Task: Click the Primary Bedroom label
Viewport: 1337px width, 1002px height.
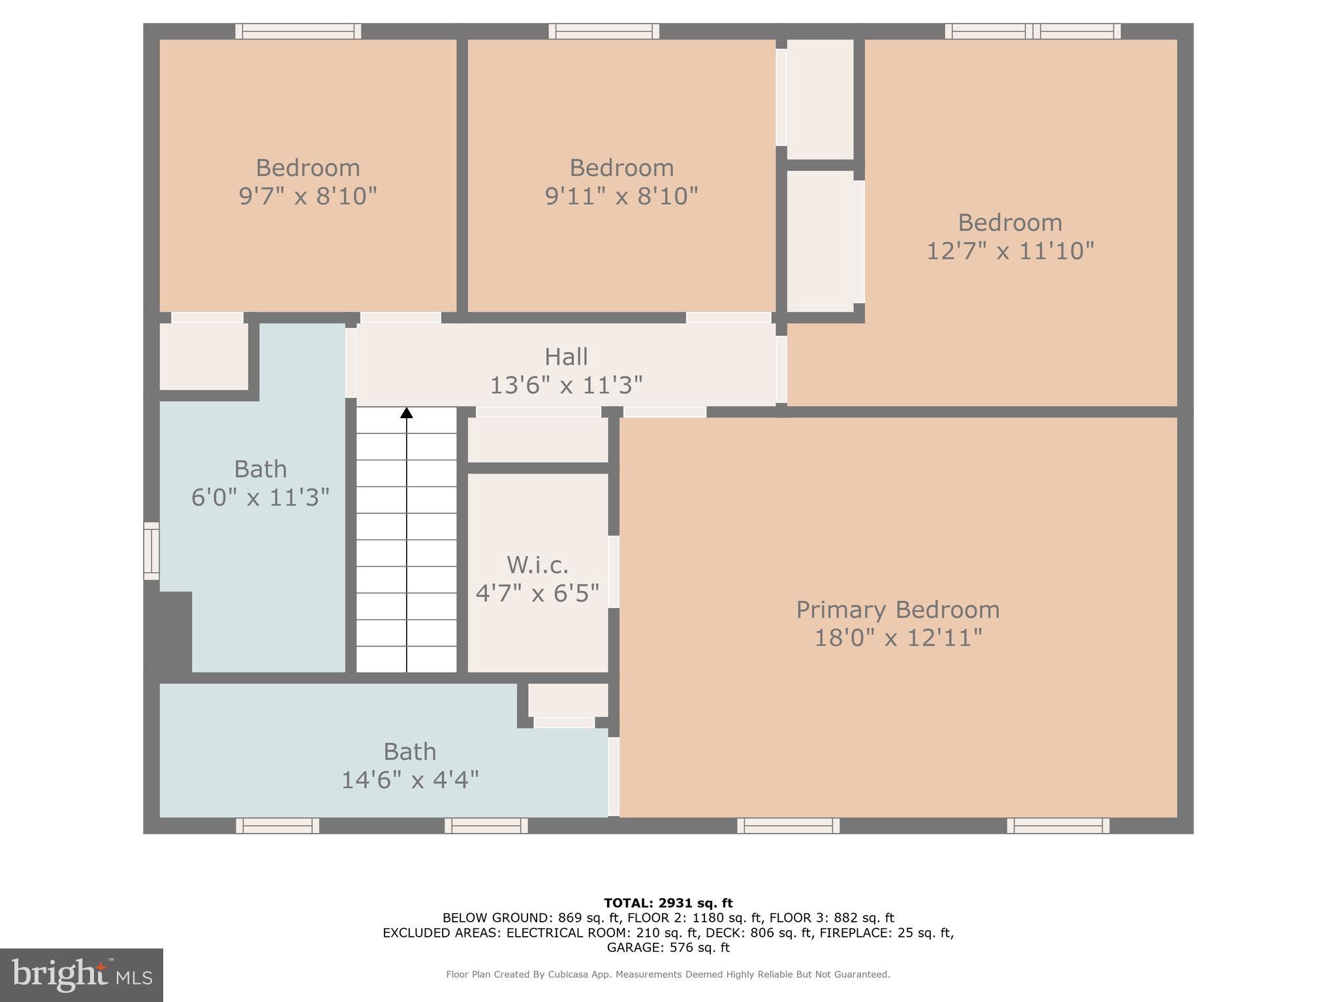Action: click(x=898, y=610)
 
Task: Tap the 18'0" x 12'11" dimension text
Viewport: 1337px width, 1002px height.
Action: click(x=898, y=638)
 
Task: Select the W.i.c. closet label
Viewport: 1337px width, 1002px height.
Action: click(x=537, y=565)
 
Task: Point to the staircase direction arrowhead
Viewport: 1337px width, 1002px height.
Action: click(x=407, y=412)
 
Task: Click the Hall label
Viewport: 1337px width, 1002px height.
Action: click(x=566, y=357)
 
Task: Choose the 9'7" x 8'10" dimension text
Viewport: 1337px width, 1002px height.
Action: click(x=307, y=196)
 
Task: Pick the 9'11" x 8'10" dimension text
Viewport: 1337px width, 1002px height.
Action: click(x=621, y=196)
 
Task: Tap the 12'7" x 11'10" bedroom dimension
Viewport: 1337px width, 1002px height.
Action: click(x=1010, y=250)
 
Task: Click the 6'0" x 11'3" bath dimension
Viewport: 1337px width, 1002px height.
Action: click(x=260, y=498)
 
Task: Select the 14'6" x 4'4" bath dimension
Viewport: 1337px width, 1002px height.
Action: click(x=410, y=780)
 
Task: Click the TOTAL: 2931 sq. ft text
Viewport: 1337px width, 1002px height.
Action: click(x=668, y=903)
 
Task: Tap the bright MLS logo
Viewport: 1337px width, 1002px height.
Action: click(x=82, y=975)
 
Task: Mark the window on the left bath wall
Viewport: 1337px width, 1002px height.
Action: click(x=151, y=551)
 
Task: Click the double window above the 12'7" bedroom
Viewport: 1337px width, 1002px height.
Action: click(x=1033, y=31)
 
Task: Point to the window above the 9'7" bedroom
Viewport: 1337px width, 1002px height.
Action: click(x=298, y=31)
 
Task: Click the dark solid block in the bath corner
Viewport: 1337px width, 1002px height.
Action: click(x=168, y=631)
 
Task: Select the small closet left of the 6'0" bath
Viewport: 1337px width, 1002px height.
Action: click(x=204, y=356)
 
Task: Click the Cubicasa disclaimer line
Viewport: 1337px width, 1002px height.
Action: click(x=668, y=975)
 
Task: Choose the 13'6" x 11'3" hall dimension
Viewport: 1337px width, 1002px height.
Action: click(x=566, y=385)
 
